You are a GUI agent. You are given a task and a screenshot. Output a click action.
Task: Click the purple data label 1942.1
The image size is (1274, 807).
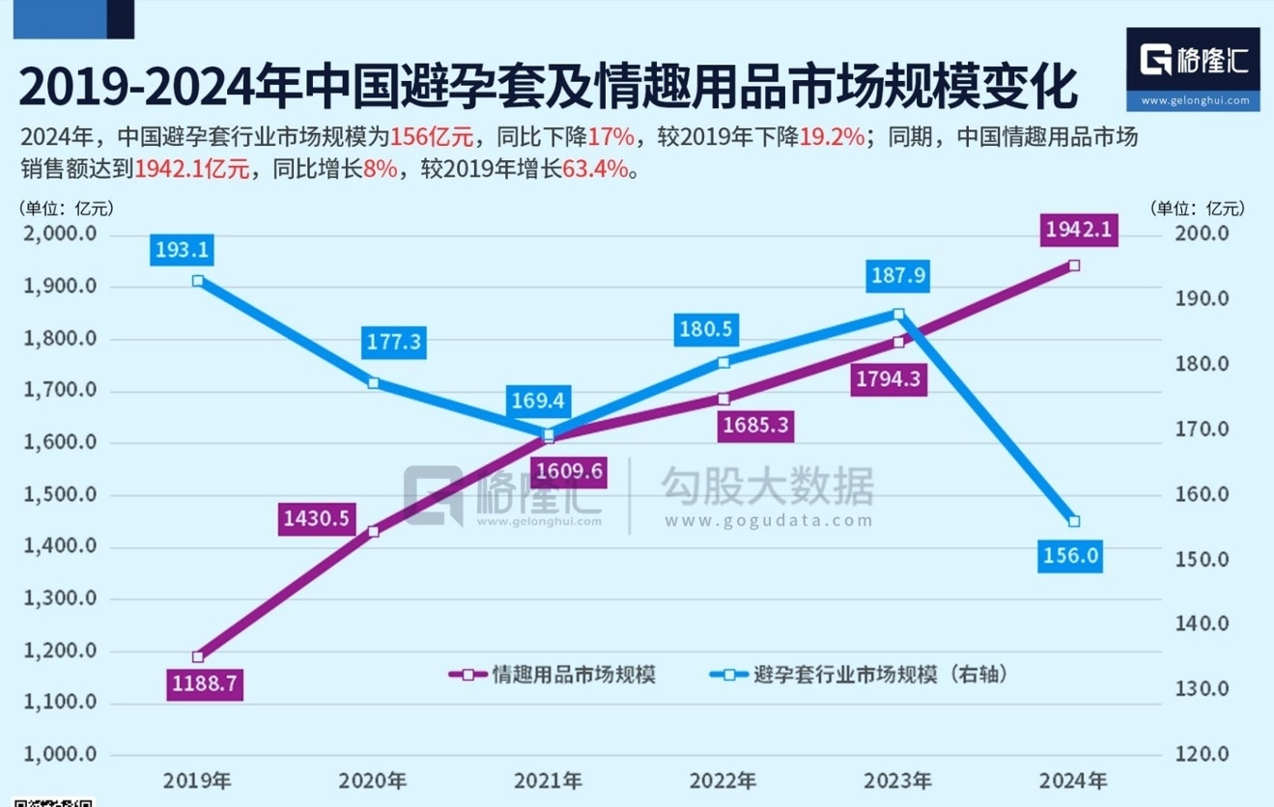1081,231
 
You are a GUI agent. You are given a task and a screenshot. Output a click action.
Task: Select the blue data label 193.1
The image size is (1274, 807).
181,250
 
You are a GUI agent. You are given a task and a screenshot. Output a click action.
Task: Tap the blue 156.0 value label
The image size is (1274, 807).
1071,557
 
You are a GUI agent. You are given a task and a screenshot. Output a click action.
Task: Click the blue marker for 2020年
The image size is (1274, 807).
373,383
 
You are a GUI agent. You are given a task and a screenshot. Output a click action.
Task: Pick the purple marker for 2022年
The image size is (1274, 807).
723,399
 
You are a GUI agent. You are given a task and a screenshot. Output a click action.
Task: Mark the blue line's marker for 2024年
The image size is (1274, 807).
1074,521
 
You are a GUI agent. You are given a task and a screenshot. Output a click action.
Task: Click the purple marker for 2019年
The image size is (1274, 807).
198,656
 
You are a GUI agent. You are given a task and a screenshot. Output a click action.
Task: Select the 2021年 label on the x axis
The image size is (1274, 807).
548,780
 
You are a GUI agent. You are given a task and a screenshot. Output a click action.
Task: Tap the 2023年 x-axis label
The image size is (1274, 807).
898,780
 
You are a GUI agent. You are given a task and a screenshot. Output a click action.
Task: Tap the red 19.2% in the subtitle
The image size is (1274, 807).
832,137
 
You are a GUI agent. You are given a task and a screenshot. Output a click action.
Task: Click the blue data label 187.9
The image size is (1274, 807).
898,276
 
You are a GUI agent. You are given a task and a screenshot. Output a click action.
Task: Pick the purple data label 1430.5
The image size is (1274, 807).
316,518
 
